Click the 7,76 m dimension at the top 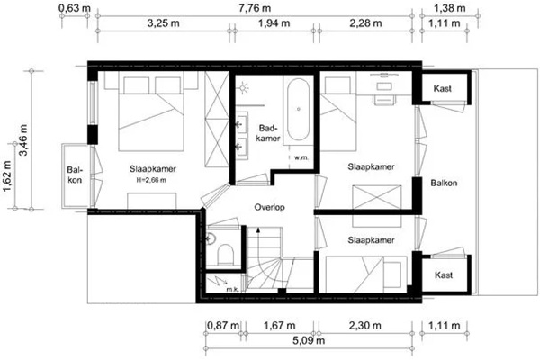point(255,8)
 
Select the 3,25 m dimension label point(164,23)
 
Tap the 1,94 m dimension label point(274,23)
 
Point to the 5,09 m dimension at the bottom point(309,340)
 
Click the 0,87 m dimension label point(223,325)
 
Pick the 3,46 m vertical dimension point(23,139)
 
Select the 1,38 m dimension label point(449,8)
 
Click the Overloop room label point(269,207)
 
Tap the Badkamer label point(268,133)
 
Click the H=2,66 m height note point(151,180)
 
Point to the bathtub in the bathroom point(298,109)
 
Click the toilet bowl point(226,254)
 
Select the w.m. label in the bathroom point(301,158)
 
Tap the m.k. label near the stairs point(233,290)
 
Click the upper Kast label point(443,88)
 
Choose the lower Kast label point(444,274)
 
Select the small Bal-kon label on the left point(75,175)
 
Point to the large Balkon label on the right point(444,183)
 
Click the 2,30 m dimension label point(365,325)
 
